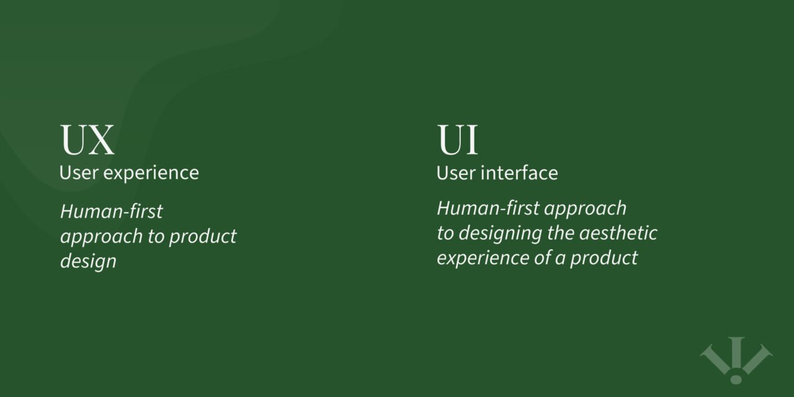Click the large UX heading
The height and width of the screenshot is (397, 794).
pos(87,140)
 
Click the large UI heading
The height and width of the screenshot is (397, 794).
pos(458,140)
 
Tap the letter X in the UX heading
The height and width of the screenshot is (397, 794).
pos(100,140)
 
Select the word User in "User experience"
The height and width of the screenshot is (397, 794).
pos(79,172)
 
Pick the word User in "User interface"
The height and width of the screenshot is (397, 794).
pos(456,172)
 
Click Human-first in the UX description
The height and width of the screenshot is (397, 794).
pos(112,212)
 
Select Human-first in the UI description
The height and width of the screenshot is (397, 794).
pos(489,208)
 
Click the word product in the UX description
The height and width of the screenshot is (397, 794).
pos(203,236)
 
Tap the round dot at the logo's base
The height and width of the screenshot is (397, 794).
pos(736,378)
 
